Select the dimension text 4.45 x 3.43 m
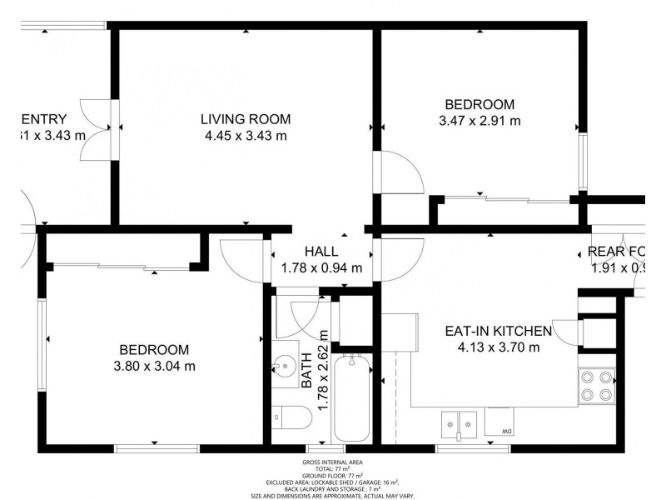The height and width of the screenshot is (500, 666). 246,136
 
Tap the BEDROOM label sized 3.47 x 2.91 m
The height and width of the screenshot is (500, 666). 479,104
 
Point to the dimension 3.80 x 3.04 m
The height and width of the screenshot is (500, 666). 153,366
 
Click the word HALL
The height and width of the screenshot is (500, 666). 321,251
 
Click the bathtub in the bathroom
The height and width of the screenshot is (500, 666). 352,400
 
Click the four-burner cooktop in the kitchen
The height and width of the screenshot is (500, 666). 595,385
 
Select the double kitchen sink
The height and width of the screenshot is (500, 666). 457,423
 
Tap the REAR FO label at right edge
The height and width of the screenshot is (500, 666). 616,252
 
